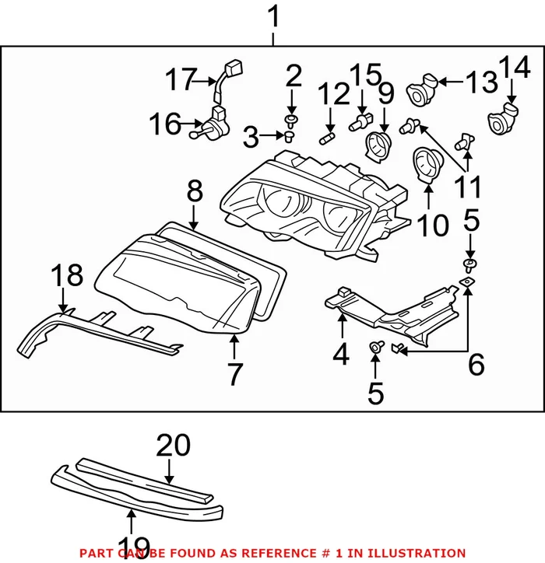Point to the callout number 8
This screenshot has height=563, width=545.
(194, 191)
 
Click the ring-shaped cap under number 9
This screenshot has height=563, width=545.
(378, 144)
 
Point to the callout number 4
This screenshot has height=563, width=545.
(341, 355)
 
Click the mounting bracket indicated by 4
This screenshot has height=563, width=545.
(389, 311)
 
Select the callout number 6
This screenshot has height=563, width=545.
(476, 363)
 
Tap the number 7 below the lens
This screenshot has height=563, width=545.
(235, 373)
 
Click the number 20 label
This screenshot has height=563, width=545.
(173, 446)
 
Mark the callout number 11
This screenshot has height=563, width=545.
(467, 186)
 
